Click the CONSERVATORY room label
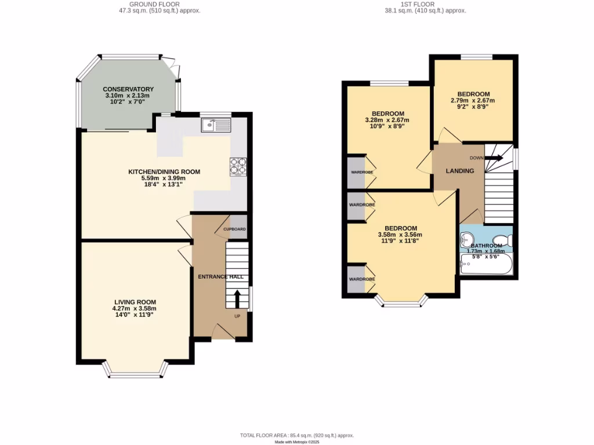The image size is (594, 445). pos(128,89)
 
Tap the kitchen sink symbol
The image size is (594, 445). pos(216,125)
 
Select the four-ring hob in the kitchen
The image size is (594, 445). pos(238,166)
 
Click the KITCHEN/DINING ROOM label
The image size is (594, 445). pos(164,172)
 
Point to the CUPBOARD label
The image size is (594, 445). pos(235,229)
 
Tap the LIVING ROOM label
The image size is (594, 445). pos(135,302)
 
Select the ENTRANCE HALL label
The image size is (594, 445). pos(220,277)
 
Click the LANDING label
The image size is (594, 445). pos(459,171)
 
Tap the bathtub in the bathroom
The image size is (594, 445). pos(486,266)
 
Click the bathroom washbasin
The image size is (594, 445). pos(468,239)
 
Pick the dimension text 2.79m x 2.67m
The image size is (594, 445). pos(473,100)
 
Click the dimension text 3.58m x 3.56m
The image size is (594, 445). pos(400,235)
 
